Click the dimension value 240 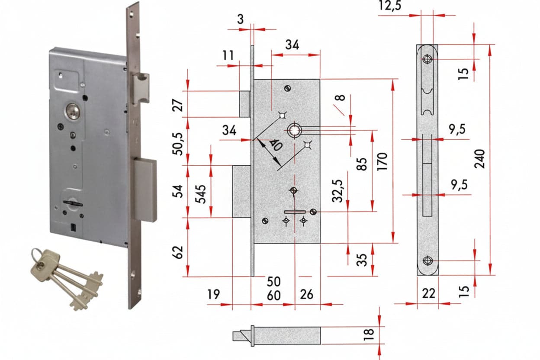[x=479, y=159]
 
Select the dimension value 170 [x=382, y=161]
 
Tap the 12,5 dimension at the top [x=390, y=6]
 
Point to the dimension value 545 [x=200, y=194]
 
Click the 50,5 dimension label [x=178, y=144]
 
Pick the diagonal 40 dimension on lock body [x=275, y=145]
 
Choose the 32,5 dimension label [x=337, y=191]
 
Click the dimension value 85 [x=362, y=164]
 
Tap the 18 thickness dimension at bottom [x=369, y=334]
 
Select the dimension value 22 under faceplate [x=429, y=293]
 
